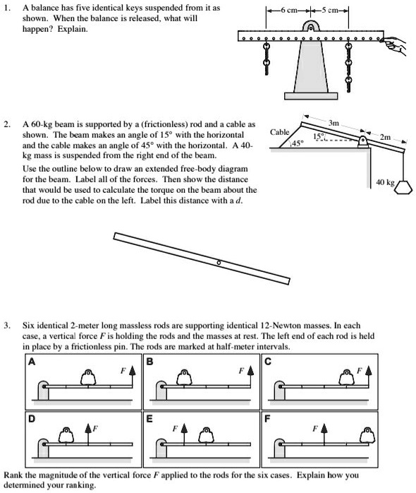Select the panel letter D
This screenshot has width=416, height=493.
[29, 417]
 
